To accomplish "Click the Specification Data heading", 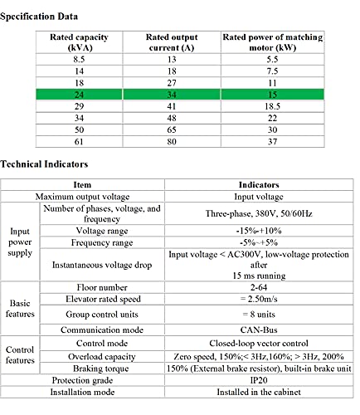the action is tap(39, 17).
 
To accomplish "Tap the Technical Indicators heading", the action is tap(44, 164).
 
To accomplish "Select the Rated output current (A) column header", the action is tap(172, 42).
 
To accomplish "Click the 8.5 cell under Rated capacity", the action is tap(79, 60).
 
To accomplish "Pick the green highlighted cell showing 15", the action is tap(272, 95).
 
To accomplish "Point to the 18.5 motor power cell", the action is tap(272, 106).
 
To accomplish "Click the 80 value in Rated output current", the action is tap(172, 142).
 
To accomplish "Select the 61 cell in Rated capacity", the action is tap(79, 142).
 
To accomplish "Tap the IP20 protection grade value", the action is tap(259, 380).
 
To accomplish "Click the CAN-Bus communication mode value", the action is tap(259, 330).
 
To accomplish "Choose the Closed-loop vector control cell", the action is tap(259, 344).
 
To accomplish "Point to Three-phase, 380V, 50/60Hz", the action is tap(259, 213).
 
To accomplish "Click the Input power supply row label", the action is tap(20, 242).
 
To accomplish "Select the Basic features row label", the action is tap(20, 309).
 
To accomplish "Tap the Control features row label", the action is tap(20, 355).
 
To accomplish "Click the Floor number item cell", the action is tap(102, 287).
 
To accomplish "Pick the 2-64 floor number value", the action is tap(259, 287).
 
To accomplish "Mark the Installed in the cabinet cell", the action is tap(259, 392).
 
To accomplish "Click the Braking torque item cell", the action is tap(101, 369).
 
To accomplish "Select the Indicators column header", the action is tap(259, 185).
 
